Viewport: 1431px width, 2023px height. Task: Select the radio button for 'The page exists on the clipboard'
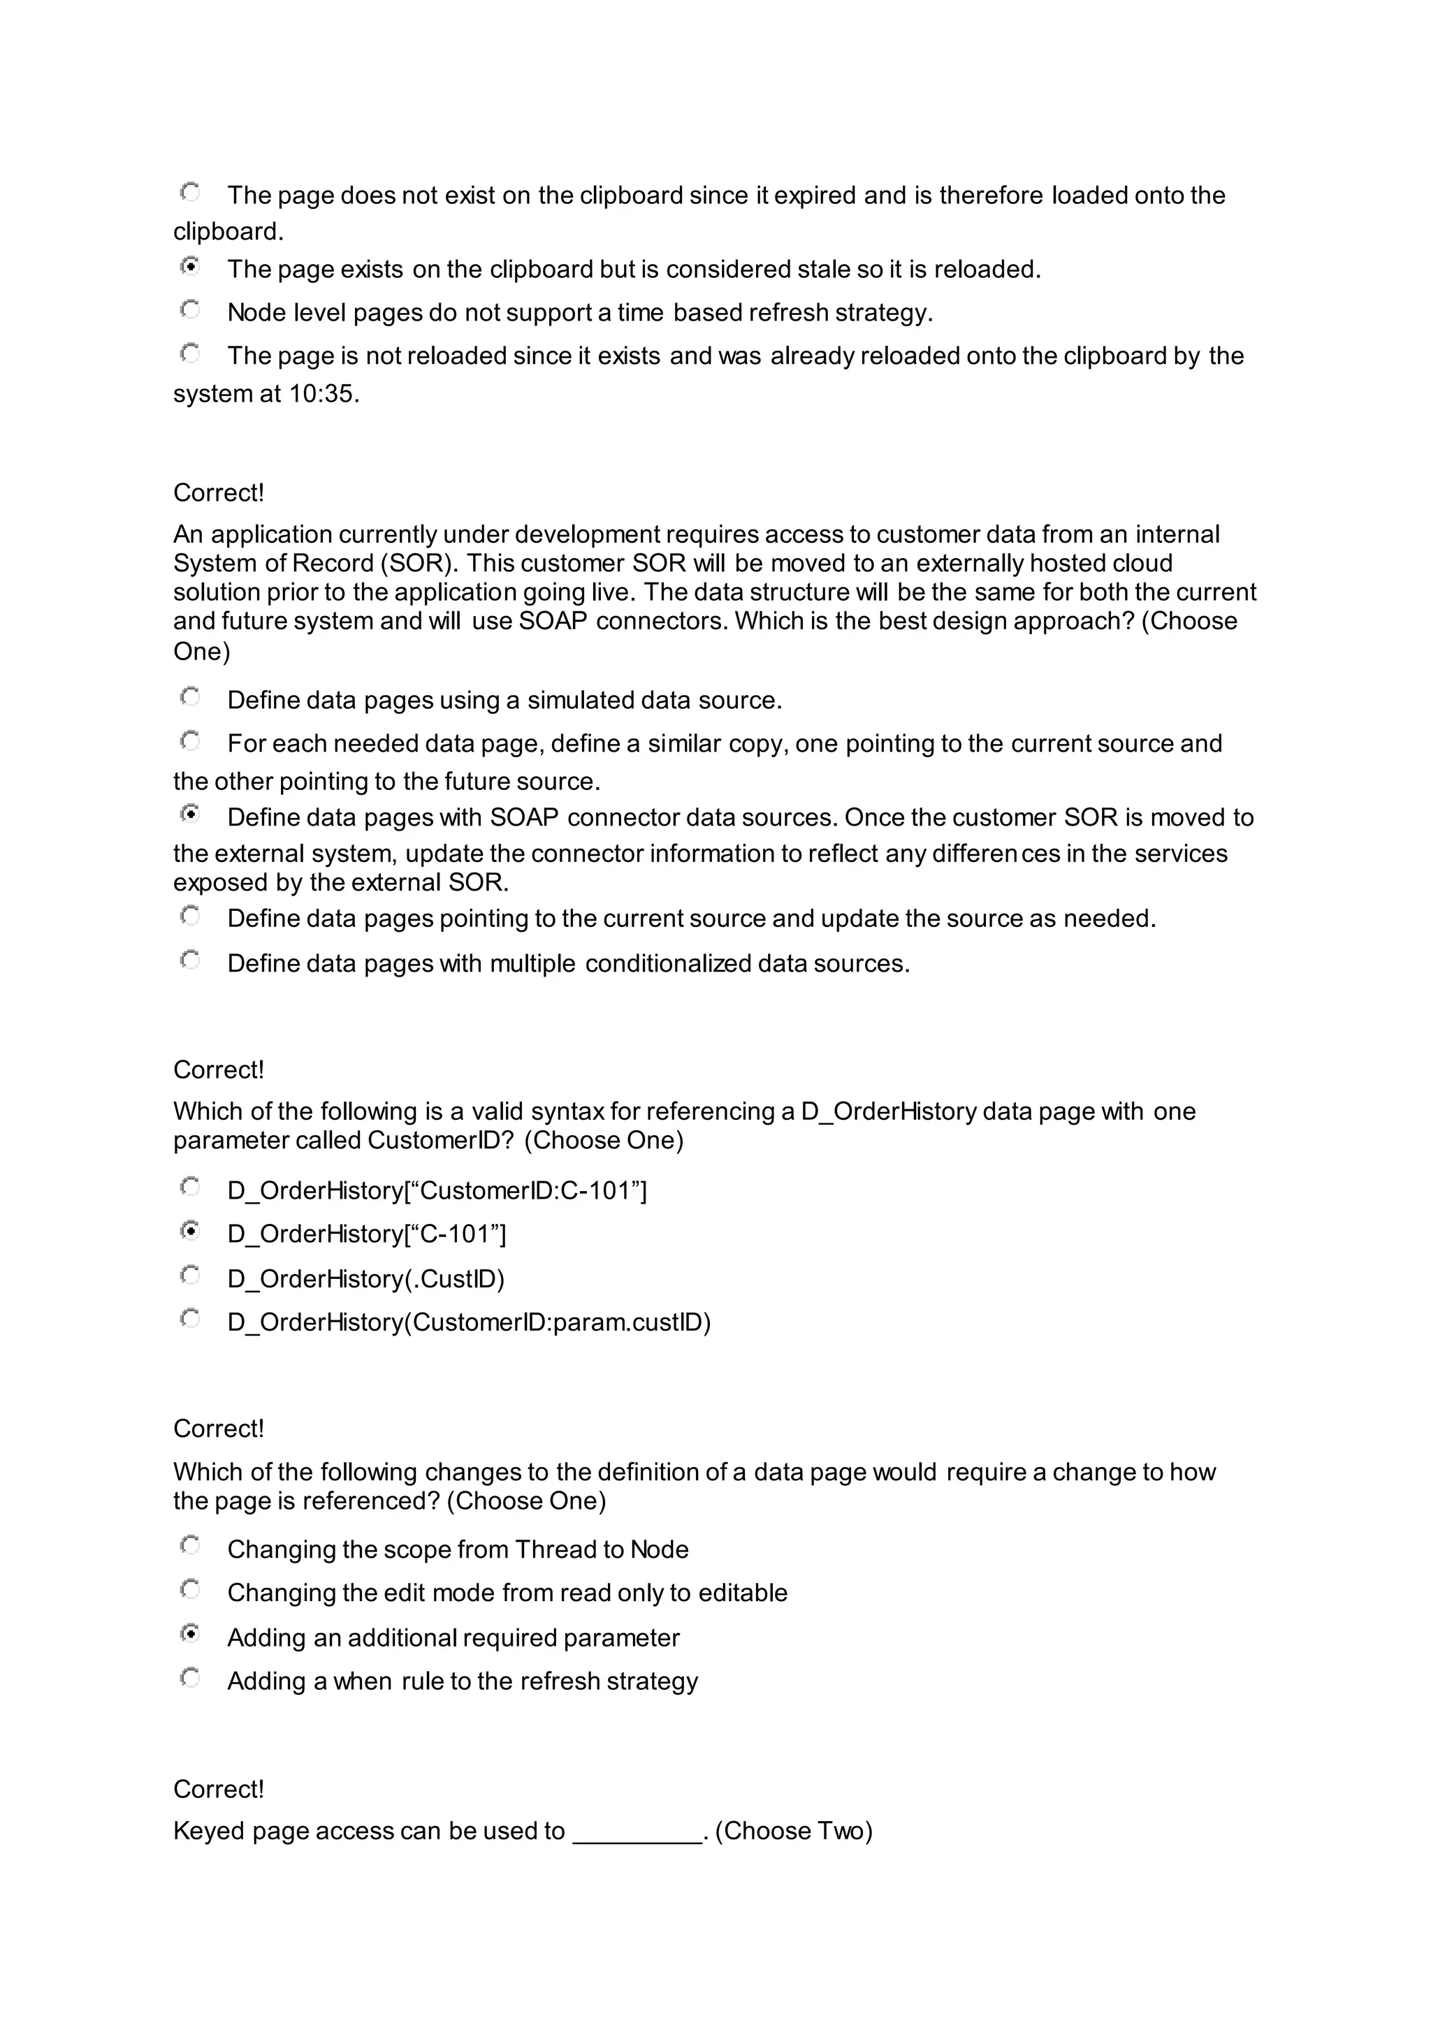pyautogui.click(x=189, y=265)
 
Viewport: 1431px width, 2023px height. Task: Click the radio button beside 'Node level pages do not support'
pyautogui.click(x=189, y=309)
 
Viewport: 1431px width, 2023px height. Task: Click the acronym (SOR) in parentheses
pyautogui.click(x=418, y=563)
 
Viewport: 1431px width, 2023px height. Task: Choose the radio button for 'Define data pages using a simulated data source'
pyautogui.click(x=189, y=697)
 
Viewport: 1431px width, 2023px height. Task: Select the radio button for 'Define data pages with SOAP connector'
pyautogui.click(x=189, y=814)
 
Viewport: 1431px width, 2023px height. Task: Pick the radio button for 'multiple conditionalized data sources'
pyautogui.click(x=189, y=960)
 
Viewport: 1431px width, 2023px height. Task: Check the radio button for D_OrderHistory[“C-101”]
pyautogui.click(x=189, y=1230)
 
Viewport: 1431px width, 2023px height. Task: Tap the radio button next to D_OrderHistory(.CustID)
pyautogui.click(x=189, y=1274)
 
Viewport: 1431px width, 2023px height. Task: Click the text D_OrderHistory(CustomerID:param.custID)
pyautogui.click(x=469, y=1322)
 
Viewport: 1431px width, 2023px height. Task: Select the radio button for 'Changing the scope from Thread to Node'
pyautogui.click(x=189, y=1545)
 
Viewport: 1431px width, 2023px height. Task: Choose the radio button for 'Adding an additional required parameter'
pyautogui.click(x=189, y=1633)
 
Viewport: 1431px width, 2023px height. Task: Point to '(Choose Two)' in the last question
pyautogui.click(x=793, y=1831)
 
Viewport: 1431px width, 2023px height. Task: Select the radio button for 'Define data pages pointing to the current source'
pyautogui.click(x=189, y=916)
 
